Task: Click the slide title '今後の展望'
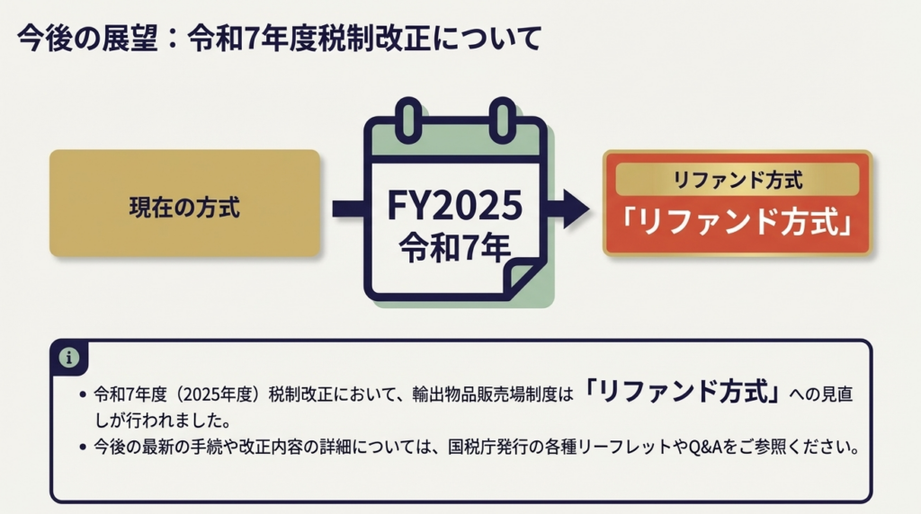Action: click(x=88, y=39)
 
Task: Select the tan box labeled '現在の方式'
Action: click(x=184, y=203)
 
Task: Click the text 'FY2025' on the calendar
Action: click(x=454, y=206)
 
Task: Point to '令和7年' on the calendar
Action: click(x=454, y=248)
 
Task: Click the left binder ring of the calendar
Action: click(x=409, y=120)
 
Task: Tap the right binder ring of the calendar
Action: click(x=502, y=120)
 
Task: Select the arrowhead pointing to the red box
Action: click(x=576, y=208)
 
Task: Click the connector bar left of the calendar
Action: click(x=349, y=208)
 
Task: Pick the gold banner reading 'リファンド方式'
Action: click(x=738, y=180)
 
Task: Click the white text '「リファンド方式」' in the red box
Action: click(x=738, y=222)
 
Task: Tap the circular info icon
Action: click(x=68, y=357)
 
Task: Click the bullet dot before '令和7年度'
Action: click(x=83, y=394)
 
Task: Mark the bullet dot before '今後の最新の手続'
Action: click(x=83, y=448)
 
